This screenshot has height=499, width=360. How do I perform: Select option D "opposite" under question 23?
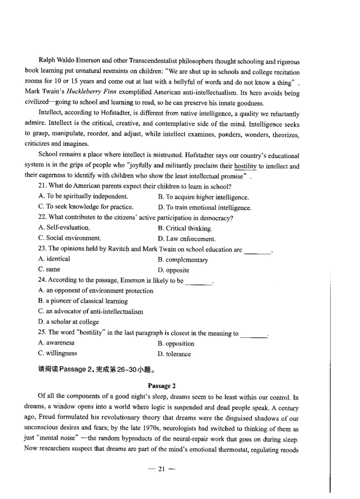click(173, 270)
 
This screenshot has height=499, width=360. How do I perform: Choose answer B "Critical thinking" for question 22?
click(185, 228)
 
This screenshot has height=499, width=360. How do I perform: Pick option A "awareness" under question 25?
click(54, 343)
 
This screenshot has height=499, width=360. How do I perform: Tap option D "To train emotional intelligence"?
click(205, 208)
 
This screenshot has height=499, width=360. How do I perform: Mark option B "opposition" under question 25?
click(176, 344)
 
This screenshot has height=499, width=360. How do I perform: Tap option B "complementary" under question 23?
click(183, 260)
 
